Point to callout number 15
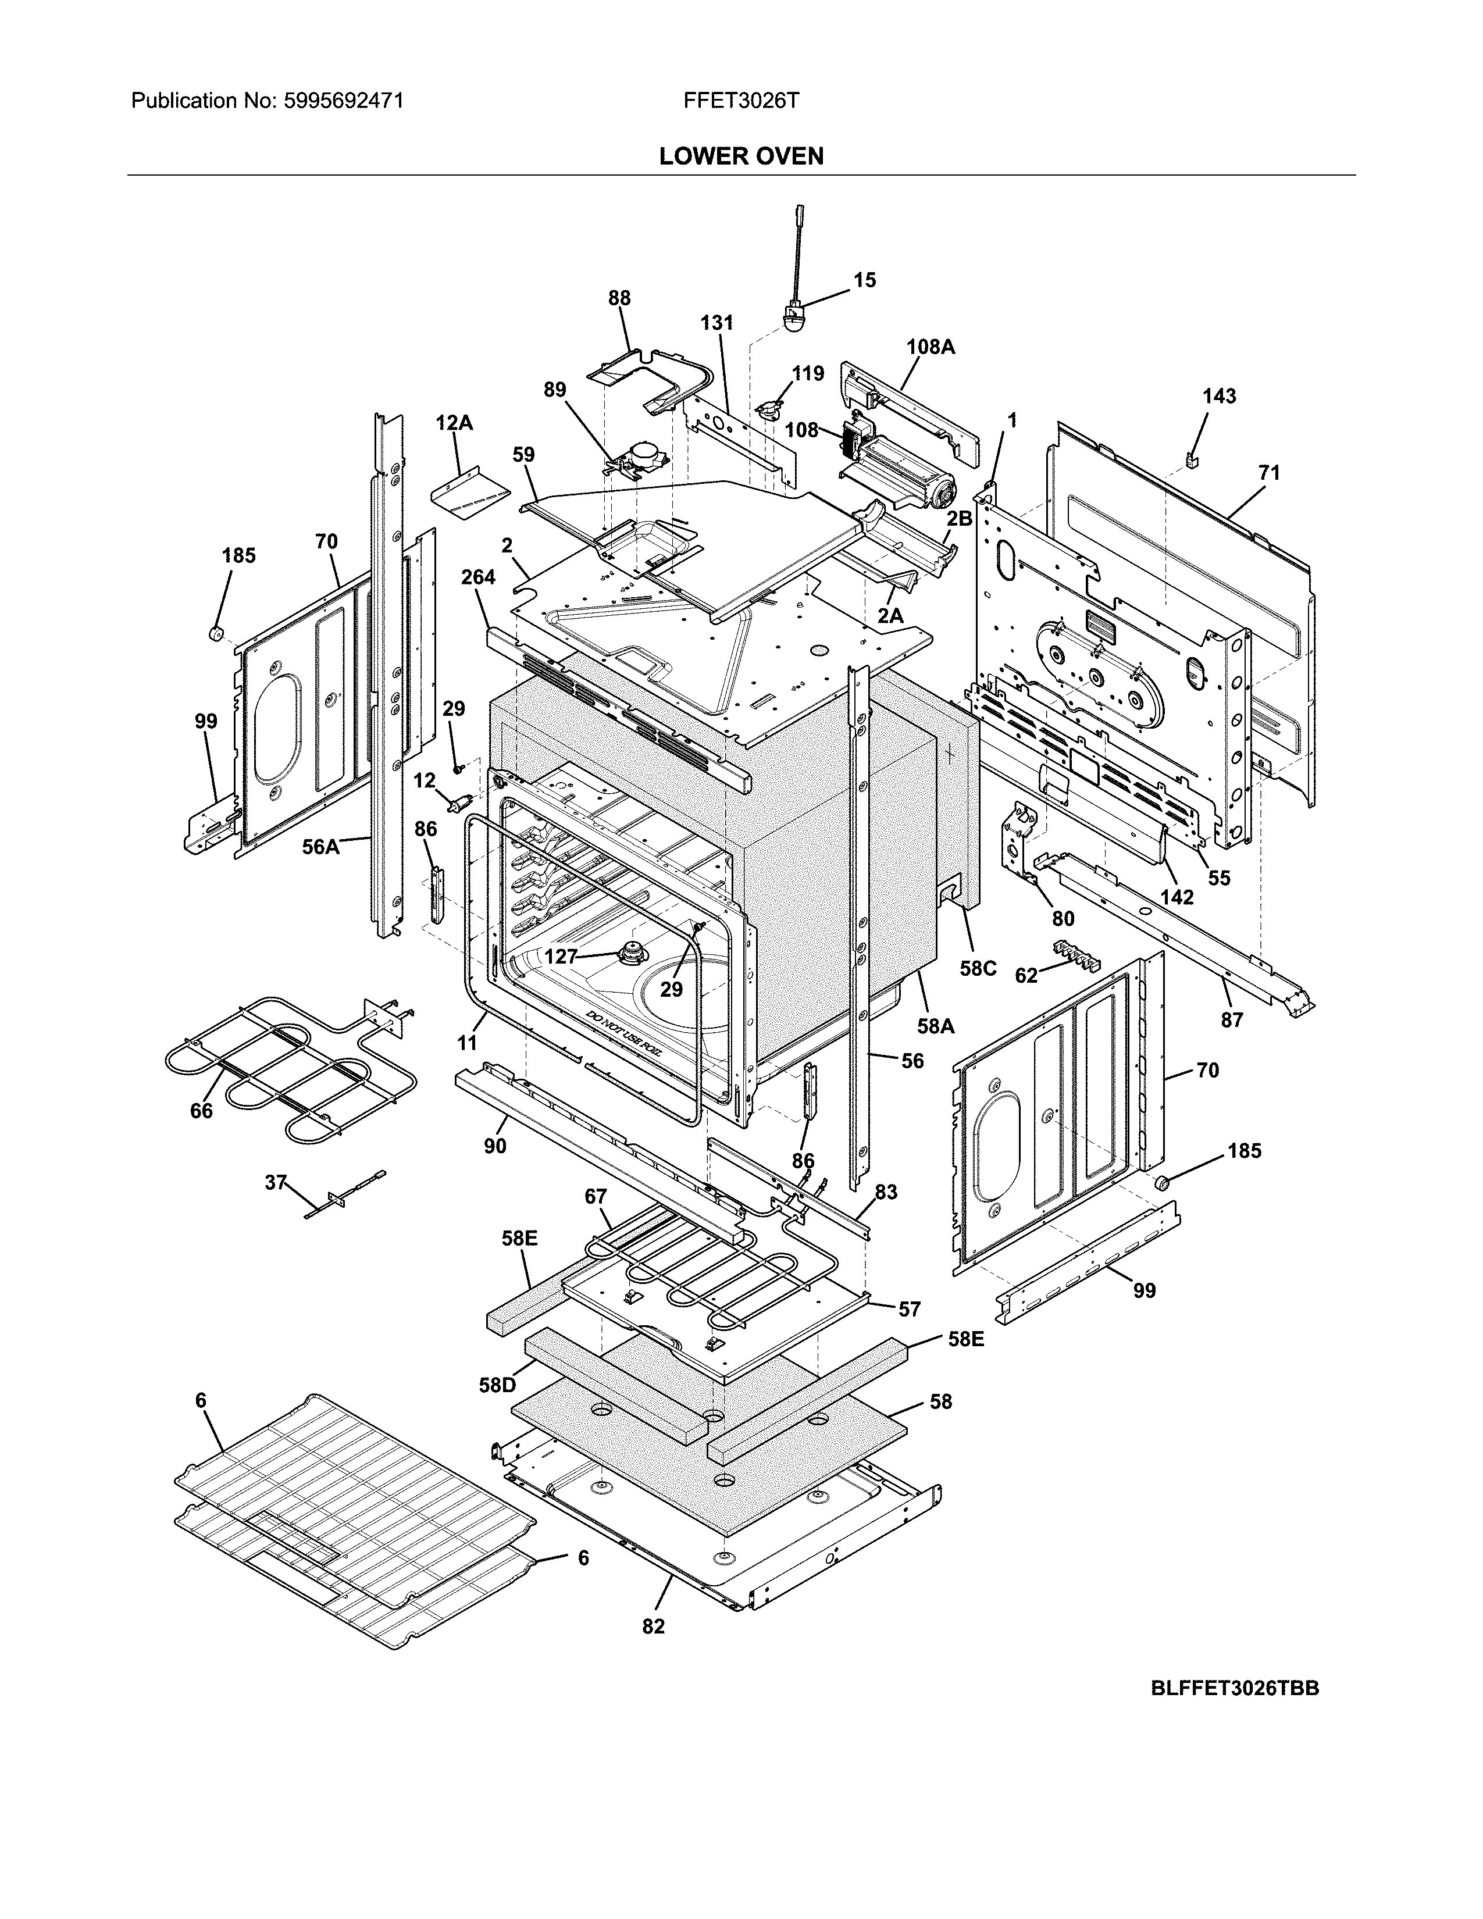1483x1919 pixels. click(x=864, y=280)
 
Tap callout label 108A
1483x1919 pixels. click(x=931, y=347)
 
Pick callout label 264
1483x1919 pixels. click(x=478, y=577)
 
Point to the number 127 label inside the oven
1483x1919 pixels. click(x=561, y=957)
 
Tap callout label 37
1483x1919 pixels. click(x=276, y=1183)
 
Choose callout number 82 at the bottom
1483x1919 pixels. click(x=654, y=1626)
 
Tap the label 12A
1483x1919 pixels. click(x=454, y=423)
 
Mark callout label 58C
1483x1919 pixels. click(x=978, y=969)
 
